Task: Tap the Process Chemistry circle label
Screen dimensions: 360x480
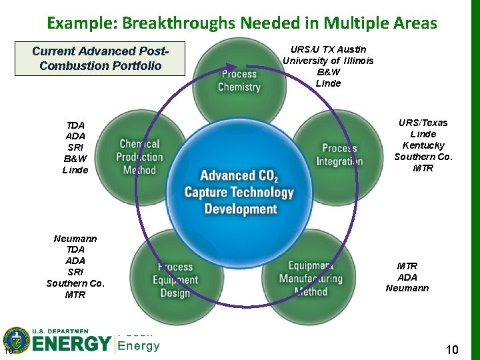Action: point(239,80)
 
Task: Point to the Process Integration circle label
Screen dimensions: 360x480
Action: point(339,155)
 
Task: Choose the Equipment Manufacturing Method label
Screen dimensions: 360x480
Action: point(311,279)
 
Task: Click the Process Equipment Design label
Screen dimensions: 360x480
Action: point(175,280)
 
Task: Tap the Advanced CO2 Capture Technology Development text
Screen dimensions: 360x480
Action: point(239,192)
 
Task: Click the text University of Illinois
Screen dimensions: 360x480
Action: point(328,61)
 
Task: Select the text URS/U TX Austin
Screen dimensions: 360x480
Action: point(328,49)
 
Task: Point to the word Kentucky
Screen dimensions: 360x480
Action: point(423,145)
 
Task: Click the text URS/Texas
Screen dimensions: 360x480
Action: point(423,123)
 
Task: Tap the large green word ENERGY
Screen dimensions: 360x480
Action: point(71,344)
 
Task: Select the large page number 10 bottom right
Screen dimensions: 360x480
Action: point(451,349)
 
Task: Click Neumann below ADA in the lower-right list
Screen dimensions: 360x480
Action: point(407,289)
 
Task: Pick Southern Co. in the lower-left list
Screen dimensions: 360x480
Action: point(75,283)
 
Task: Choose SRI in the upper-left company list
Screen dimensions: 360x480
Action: point(75,147)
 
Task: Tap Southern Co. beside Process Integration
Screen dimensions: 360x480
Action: point(423,157)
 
